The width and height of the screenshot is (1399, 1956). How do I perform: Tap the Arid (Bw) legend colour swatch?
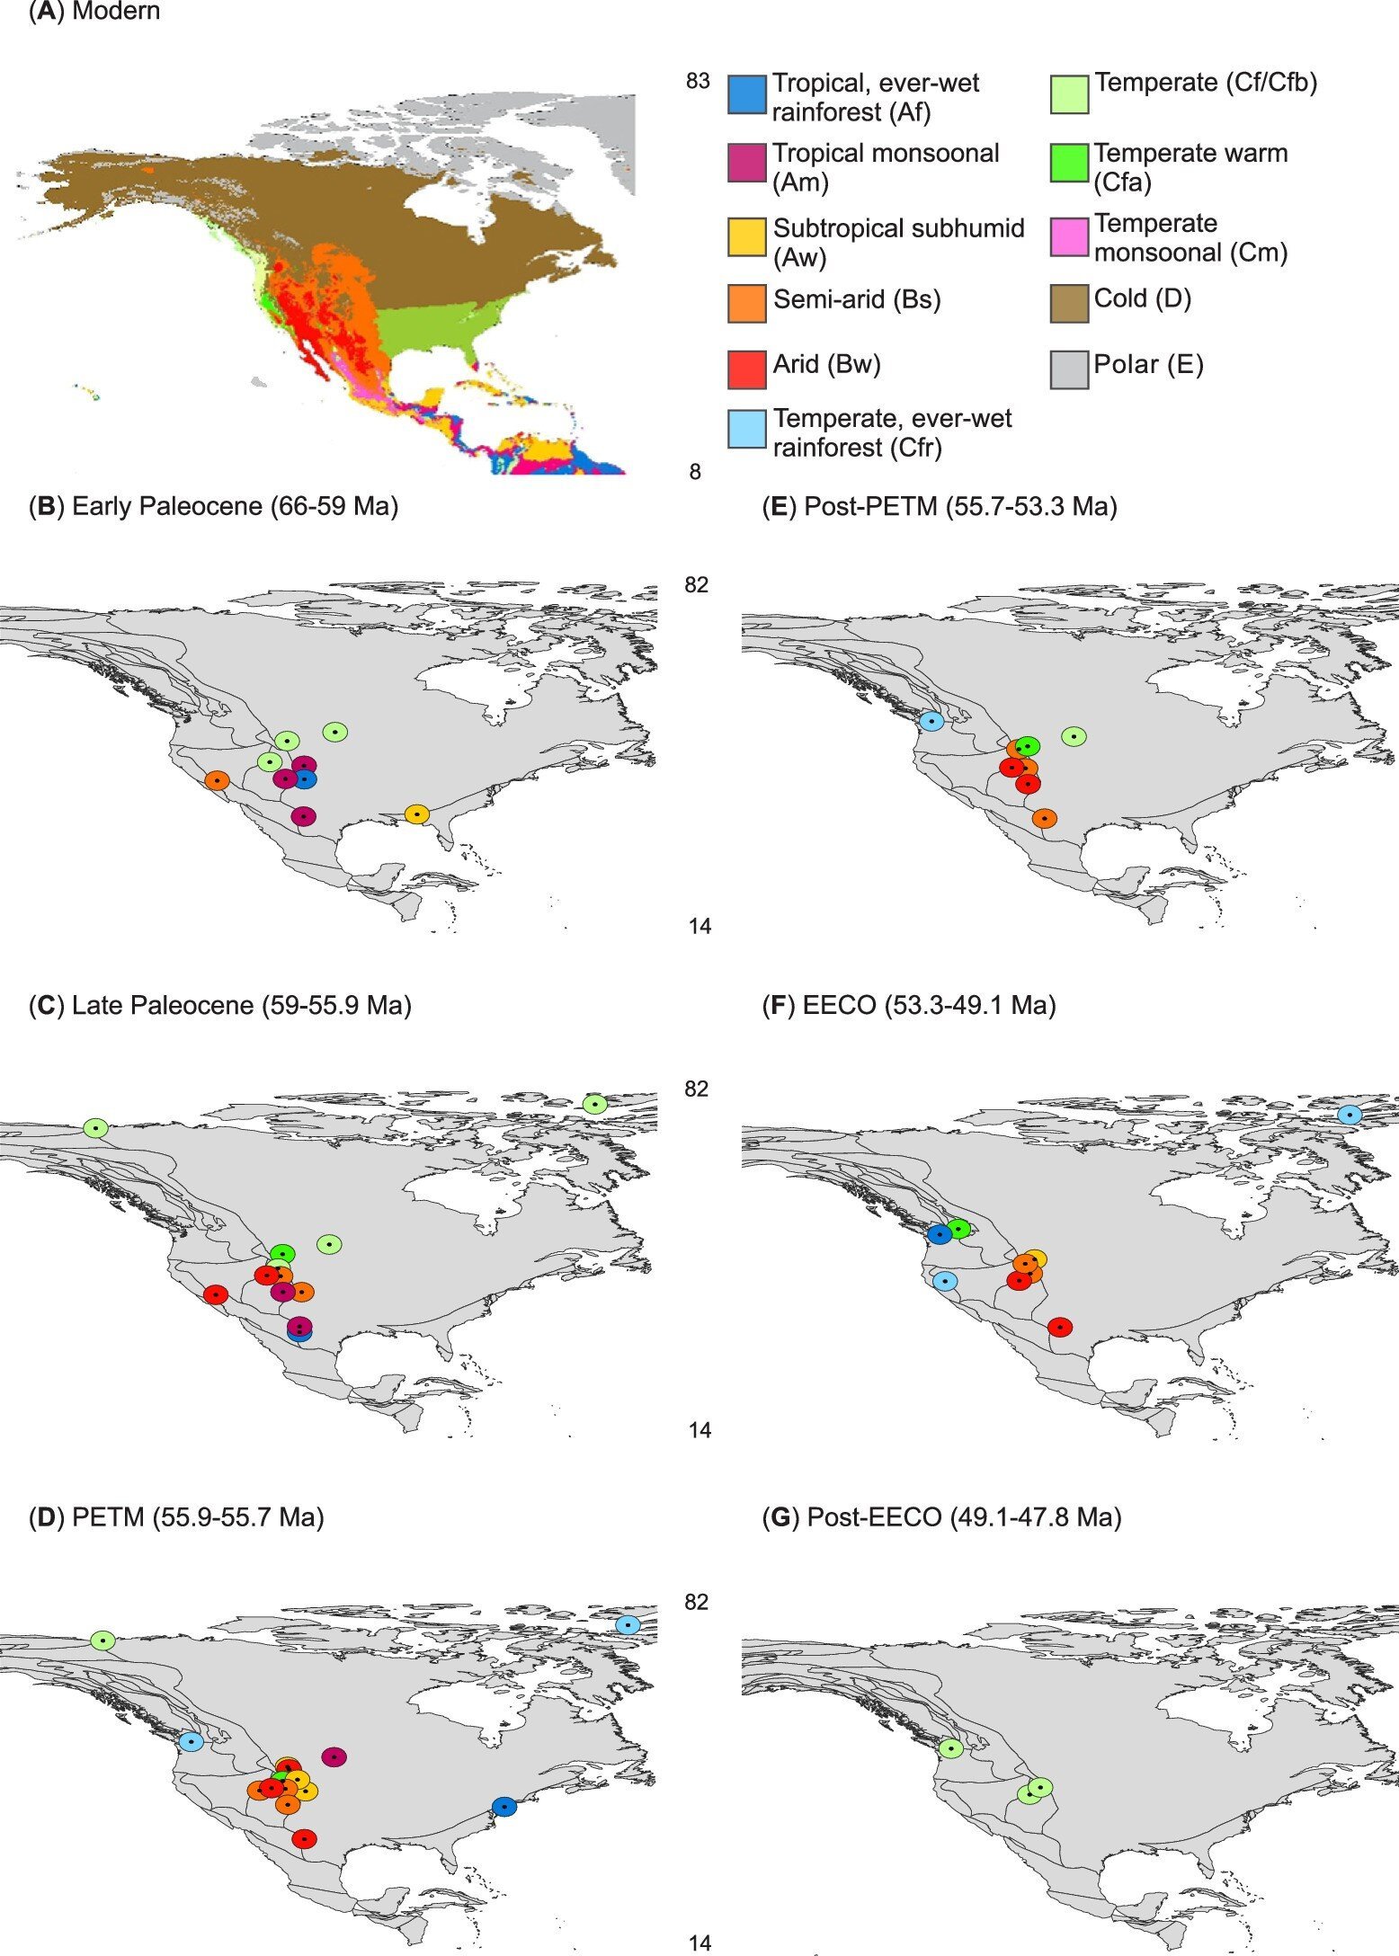[746, 369]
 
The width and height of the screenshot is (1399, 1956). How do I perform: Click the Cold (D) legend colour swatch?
[1069, 303]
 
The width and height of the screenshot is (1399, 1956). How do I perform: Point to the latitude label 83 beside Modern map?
[698, 82]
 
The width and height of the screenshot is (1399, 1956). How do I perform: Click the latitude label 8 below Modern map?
[695, 472]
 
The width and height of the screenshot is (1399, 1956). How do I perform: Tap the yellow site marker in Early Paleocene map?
[416, 814]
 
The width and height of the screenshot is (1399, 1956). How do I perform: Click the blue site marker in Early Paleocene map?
[306, 779]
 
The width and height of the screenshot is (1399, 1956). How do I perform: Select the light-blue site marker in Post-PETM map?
[932, 721]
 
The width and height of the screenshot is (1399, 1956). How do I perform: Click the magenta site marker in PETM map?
[334, 1756]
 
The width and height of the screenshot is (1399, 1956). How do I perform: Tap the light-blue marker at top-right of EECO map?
[1350, 1115]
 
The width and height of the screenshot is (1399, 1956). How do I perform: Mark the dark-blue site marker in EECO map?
[940, 1234]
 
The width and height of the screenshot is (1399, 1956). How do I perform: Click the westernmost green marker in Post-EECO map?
[950, 1748]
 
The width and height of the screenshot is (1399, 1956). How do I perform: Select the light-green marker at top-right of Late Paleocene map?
[594, 1104]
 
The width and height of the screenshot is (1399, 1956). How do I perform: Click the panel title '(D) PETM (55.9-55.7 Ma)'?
[176, 1516]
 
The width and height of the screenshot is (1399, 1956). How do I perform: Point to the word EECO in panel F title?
[839, 1004]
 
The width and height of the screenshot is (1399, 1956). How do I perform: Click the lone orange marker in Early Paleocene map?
[217, 780]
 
